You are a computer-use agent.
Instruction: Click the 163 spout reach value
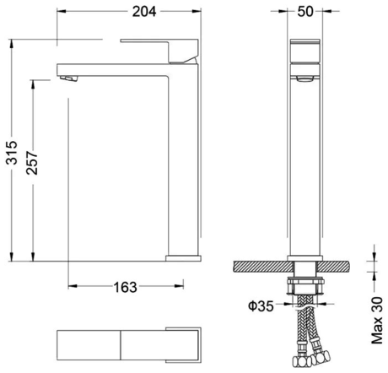click(x=124, y=287)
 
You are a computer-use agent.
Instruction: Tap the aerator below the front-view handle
click(x=304, y=77)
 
